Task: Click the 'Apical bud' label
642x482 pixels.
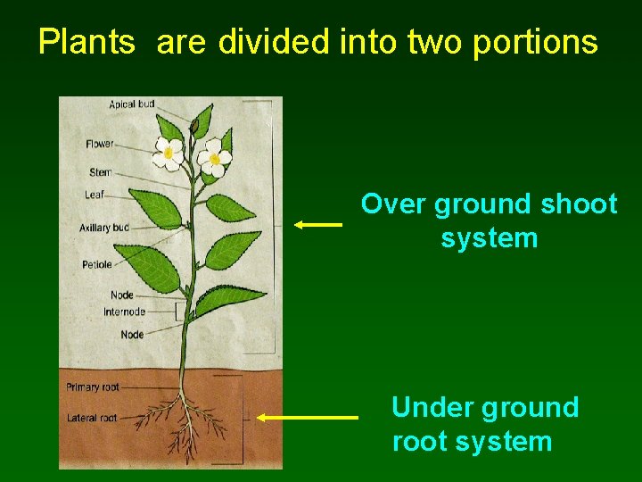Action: coord(131,104)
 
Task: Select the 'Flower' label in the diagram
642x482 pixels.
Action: coord(99,144)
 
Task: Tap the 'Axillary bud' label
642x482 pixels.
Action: coord(103,228)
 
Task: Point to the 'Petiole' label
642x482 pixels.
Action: coord(96,264)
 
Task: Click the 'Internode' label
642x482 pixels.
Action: coord(124,312)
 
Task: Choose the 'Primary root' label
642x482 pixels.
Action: coord(93,387)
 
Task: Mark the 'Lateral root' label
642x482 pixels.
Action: coord(92,418)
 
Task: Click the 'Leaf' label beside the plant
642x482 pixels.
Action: coord(95,194)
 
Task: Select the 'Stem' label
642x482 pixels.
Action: coord(100,171)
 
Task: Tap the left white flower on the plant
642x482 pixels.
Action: coord(168,154)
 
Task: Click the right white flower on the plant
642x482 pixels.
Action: coord(213,159)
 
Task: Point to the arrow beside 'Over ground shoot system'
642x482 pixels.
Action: coord(318,225)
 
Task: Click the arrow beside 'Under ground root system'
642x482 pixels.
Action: coord(308,417)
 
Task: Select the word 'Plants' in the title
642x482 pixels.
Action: coord(86,42)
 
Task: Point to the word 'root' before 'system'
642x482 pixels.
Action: coord(419,442)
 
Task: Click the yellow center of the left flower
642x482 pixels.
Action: coord(168,154)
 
